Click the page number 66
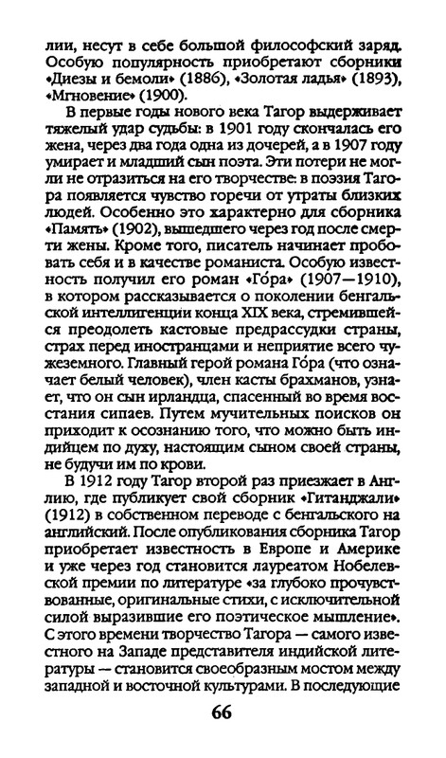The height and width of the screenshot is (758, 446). (222, 712)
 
